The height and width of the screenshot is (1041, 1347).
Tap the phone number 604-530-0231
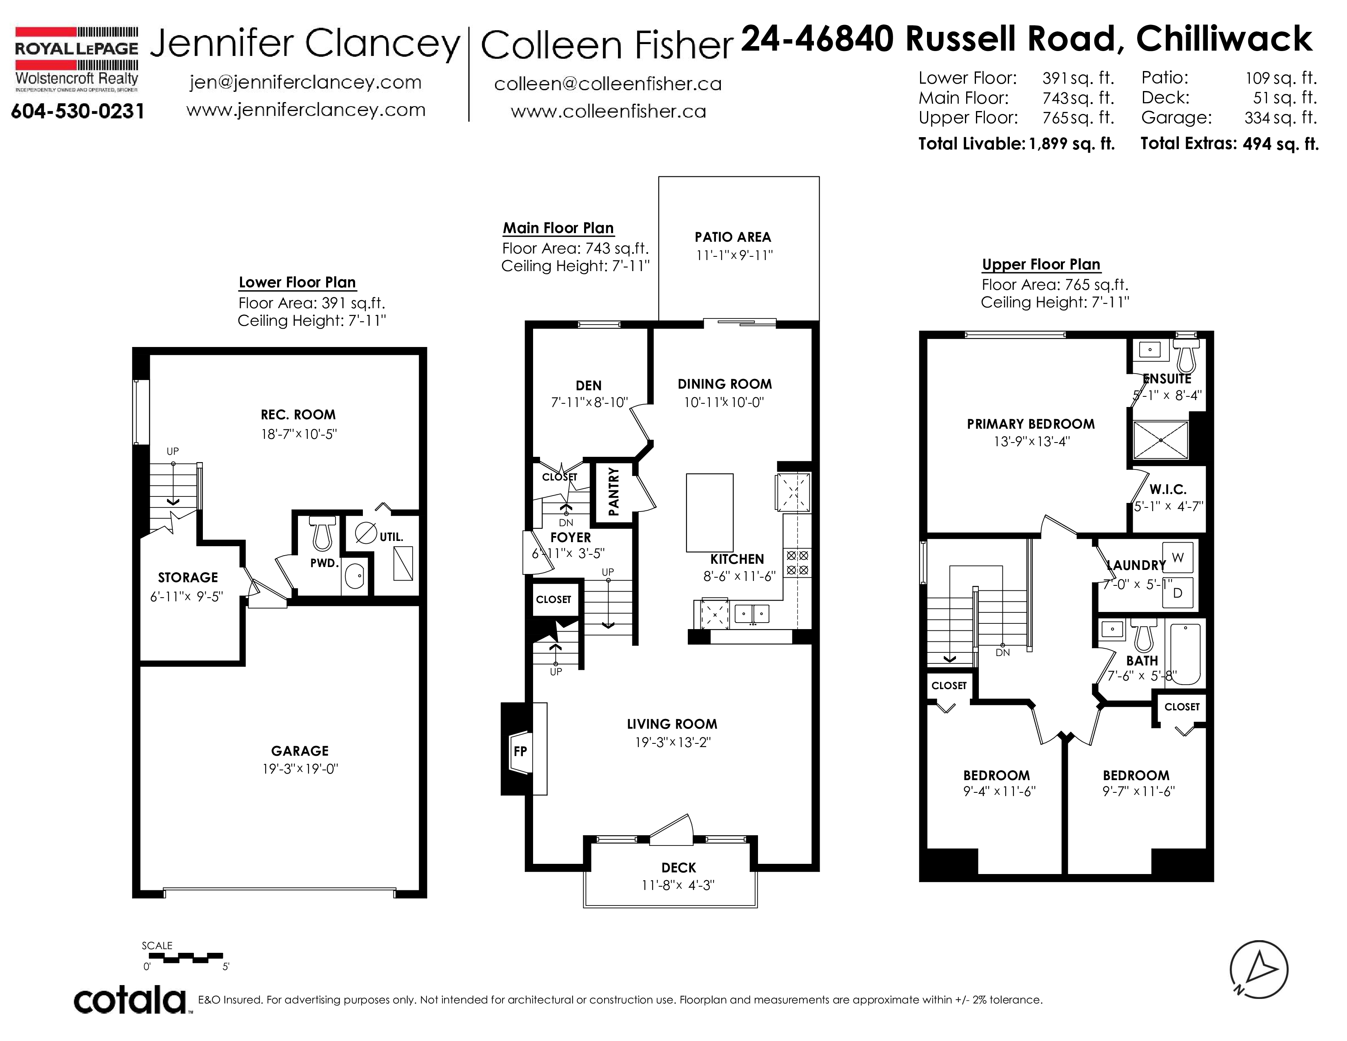tap(78, 111)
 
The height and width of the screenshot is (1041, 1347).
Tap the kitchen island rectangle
tap(710, 512)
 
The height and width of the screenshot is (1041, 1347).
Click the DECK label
tap(678, 868)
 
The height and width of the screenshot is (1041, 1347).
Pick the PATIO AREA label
tap(733, 237)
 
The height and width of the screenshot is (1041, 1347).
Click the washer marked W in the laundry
tap(1177, 558)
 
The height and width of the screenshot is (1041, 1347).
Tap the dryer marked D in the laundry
tap(1177, 593)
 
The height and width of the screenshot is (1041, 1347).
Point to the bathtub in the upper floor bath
tap(1185, 654)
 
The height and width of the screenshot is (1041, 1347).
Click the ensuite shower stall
tap(1161, 440)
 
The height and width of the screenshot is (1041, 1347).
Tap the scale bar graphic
tap(186, 958)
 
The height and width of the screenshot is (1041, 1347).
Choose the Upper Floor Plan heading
tap(1041, 265)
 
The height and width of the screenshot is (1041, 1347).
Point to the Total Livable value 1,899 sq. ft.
tap(1072, 144)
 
